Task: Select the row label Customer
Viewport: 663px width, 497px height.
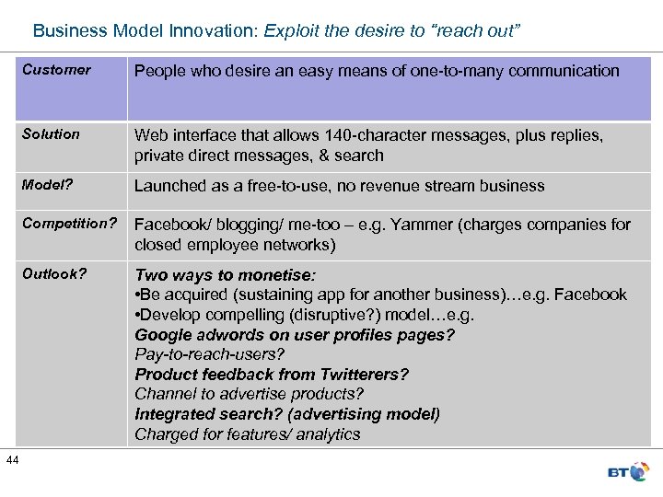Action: pos(56,70)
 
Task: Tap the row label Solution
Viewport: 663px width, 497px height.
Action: pos(51,134)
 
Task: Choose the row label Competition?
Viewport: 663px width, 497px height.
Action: pos(69,224)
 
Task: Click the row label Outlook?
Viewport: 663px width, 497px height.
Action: pos(53,273)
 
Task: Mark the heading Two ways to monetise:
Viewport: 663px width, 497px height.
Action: pos(225,275)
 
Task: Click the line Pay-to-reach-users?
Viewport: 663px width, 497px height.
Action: pos(210,354)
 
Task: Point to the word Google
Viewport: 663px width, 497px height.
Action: pos(162,335)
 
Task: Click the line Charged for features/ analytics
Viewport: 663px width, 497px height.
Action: pos(248,434)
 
